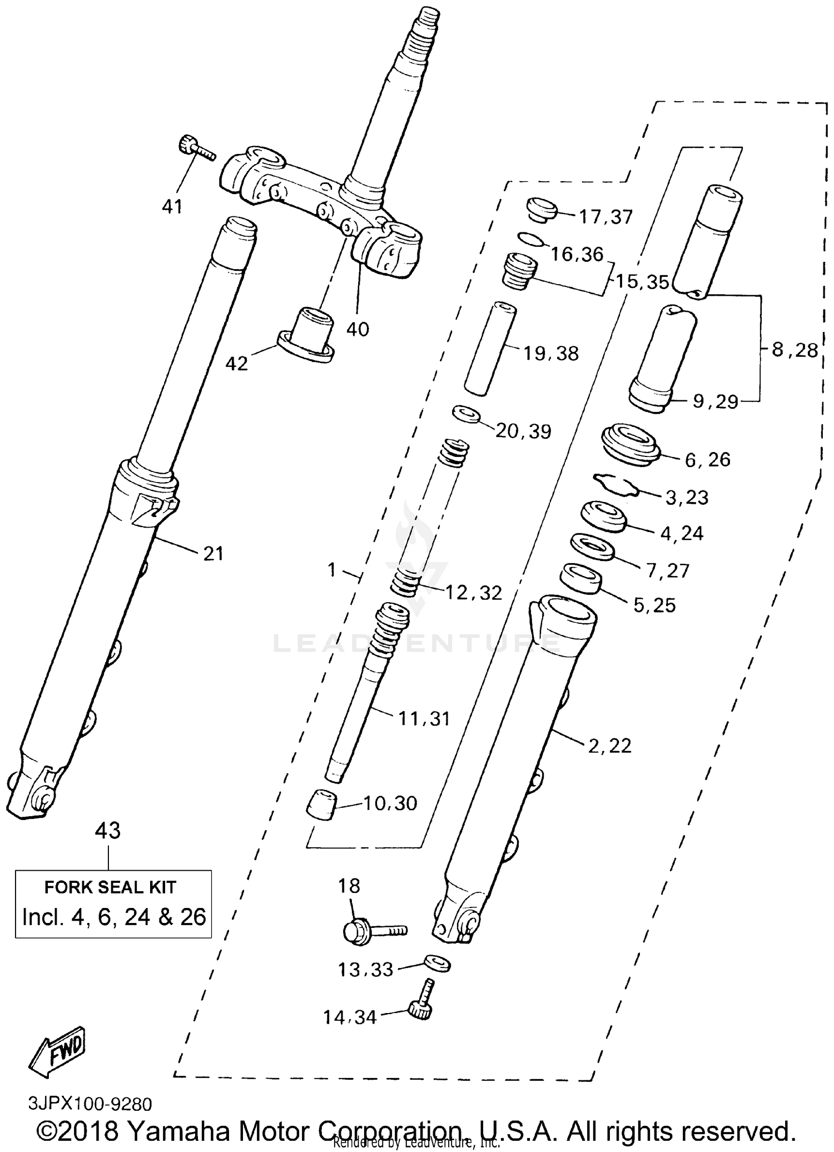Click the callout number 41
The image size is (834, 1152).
click(172, 207)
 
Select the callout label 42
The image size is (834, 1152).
click(236, 364)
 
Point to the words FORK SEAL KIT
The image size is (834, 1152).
click(110, 887)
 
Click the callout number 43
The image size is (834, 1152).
click(108, 831)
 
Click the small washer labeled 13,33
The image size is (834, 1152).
click(438, 964)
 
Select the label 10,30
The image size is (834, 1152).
click(390, 803)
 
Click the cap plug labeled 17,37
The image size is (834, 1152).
click(541, 209)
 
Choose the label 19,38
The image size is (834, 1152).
click(552, 353)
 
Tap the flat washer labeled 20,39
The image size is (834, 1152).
click(466, 414)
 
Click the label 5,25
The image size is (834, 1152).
click(654, 605)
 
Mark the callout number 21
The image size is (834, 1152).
click(214, 554)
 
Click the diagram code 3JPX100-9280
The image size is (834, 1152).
click(90, 1103)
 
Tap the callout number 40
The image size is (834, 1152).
click(358, 329)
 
